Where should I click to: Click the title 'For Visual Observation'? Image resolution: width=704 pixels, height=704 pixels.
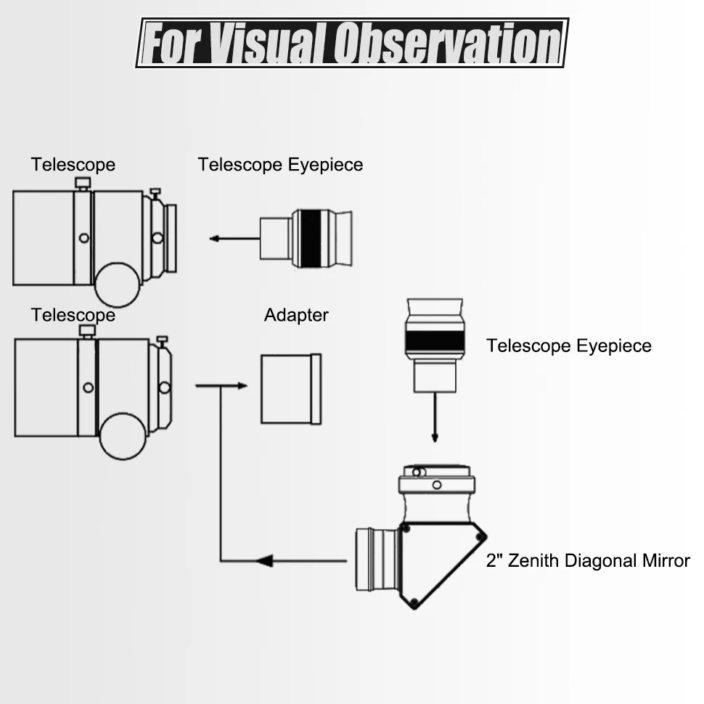(x=352, y=44)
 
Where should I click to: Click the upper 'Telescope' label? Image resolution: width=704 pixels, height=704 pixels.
(x=73, y=165)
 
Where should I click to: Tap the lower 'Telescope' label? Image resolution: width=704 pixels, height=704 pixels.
(x=73, y=315)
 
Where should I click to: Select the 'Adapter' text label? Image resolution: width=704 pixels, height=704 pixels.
(x=296, y=315)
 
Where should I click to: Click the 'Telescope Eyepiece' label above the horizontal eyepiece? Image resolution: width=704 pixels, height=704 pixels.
(x=280, y=165)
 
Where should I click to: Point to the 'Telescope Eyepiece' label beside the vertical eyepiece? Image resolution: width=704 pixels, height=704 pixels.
(x=569, y=345)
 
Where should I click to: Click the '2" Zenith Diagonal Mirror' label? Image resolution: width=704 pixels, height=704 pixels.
(x=588, y=561)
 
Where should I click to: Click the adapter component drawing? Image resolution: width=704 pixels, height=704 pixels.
(x=290, y=388)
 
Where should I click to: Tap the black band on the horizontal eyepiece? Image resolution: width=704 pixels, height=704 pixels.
(x=310, y=238)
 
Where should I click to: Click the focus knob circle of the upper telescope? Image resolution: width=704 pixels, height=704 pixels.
(x=118, y=285)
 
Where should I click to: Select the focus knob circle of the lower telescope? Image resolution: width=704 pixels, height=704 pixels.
(x=123, y=437)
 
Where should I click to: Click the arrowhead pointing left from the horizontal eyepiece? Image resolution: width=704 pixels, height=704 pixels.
(x=215, y=238)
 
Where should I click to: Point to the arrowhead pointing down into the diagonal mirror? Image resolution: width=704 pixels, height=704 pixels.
(x=435, y=437)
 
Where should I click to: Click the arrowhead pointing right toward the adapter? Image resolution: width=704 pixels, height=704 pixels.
(x=242, y=386)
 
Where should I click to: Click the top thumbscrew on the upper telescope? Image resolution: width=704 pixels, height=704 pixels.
(x=83, y=183)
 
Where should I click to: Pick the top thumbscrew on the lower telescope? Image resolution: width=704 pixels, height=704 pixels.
(x=87, y=332)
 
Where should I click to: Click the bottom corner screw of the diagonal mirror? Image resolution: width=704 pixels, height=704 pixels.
(x=414, y=602)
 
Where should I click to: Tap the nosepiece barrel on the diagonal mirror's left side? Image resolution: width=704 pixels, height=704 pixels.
(x=375, y=560)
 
